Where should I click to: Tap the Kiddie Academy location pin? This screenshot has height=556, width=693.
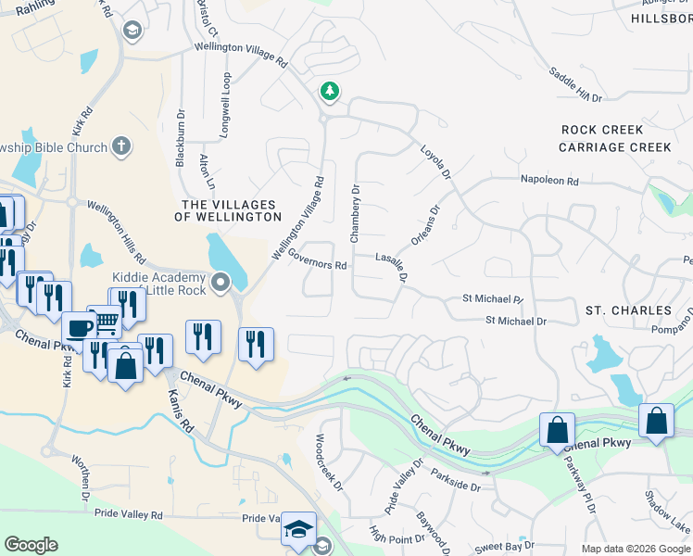point(220,282)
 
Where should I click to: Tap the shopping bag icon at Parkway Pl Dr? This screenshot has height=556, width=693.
point(557,430)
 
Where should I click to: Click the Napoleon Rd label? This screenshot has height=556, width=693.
point(548,181)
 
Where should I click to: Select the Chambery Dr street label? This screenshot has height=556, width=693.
point(354,213)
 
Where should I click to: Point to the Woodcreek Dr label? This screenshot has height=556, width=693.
point(330,462)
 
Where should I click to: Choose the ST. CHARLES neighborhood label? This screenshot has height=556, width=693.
point(628,310)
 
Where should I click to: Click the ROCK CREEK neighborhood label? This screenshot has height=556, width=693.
point(602,130)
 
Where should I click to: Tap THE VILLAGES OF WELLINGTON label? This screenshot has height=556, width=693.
point(228,210)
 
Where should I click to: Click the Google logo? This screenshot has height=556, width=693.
point(31,545)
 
